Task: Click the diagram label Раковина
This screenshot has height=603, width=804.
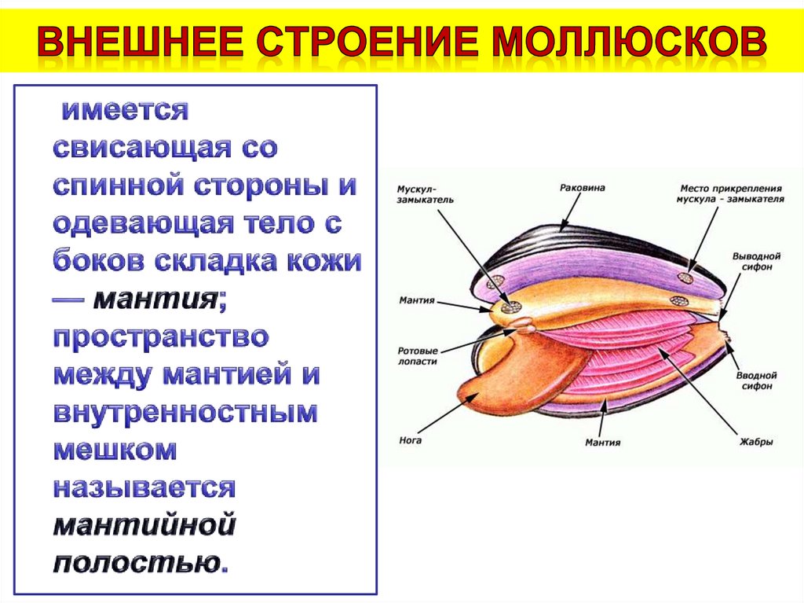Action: pyautogui.click(x=582, y=189)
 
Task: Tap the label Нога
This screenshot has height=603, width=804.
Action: pyautogui.click(x=410, y=440)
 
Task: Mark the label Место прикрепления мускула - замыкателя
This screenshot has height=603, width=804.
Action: pyautogui.click(x=730, y=193)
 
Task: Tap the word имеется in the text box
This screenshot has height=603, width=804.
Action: pyautogui.click(x=126, y=110)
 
